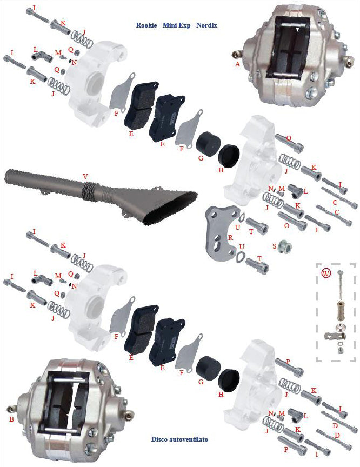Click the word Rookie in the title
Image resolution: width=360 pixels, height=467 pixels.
coord(146,25)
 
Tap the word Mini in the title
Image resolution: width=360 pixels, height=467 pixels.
coord(169,25)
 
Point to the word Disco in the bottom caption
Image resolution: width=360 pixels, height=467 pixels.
coord(159,439)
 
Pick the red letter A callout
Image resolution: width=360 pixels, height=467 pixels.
coord(237,64)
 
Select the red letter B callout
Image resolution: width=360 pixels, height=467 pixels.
coord(11,419)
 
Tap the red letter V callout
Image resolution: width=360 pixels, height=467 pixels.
coord(85,177)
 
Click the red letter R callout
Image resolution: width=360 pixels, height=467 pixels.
coord(230,238)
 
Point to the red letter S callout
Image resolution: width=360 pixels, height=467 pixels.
coord(275,246)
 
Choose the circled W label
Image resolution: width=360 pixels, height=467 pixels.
coord(326,273)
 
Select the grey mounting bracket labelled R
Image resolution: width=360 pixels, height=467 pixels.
coord(222,233)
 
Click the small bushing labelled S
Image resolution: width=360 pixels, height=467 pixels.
coord(284,247)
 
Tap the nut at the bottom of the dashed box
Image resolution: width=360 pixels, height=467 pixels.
coord(340,349)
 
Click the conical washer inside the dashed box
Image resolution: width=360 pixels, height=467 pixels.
coord(340,326)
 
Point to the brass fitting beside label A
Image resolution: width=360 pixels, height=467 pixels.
coord(236,55)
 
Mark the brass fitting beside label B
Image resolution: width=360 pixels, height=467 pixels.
coord(11,409)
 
